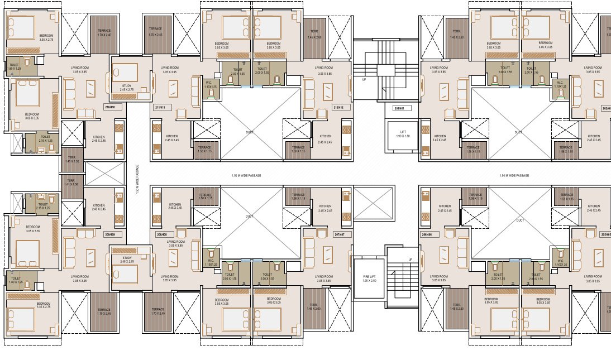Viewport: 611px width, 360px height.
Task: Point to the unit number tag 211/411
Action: pos(161,107)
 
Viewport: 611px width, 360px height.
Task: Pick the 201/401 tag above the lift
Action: pos(398,108)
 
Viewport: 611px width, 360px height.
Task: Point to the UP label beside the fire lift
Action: pos(411,260)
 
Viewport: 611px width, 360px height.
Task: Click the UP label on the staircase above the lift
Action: pos(365,80)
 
